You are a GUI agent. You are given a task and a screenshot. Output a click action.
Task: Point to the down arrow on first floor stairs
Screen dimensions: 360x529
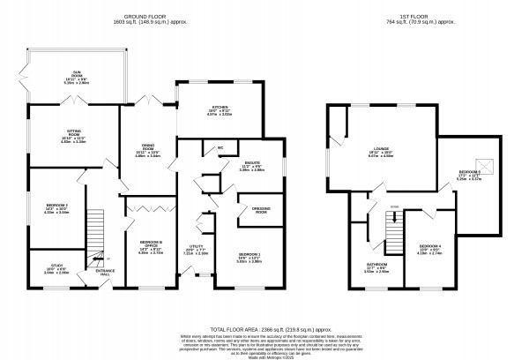point(395,208)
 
